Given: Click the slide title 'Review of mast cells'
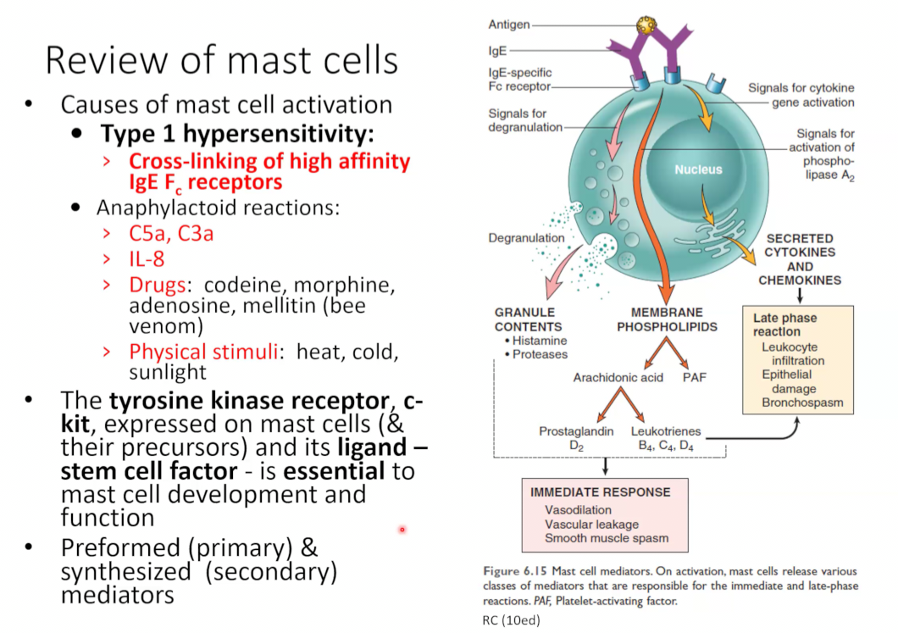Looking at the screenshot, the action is coord(222,60).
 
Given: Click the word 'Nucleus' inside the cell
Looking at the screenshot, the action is coord(698,169).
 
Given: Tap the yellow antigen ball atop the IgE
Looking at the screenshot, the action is coord(646,25).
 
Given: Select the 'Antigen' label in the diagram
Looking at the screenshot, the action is coord(508,25).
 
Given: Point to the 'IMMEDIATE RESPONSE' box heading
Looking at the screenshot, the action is coord(600,492).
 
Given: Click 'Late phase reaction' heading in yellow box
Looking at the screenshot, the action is coord(784,325).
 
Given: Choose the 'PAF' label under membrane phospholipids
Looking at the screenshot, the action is coord(694,377).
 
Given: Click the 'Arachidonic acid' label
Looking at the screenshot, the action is coord(618,377).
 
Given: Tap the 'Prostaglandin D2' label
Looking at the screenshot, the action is coord(576,438).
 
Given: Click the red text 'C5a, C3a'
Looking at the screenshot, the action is coord(171,234).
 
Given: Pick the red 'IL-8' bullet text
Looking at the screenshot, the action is coord(147,259).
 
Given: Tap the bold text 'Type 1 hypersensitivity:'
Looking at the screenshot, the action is coord(237,134).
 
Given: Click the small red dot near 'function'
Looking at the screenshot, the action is coord(402,530).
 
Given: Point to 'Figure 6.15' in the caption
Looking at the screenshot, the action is coord(515,571).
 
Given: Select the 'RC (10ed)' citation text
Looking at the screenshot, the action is coord(511,619).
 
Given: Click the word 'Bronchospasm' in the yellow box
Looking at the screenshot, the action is coord(802,403).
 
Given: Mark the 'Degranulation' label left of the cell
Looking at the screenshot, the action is coord(526,238).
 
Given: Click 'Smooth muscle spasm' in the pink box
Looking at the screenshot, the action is coord(607,538).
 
